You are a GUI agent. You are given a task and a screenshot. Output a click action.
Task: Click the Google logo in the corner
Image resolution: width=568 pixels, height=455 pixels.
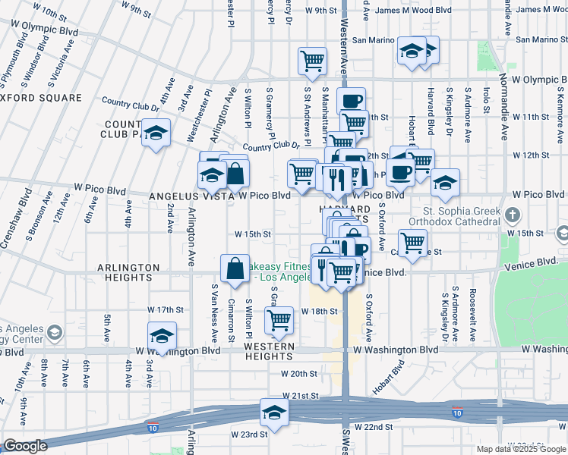25,446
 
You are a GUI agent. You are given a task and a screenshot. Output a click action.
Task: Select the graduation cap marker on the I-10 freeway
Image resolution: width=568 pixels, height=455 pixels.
273,413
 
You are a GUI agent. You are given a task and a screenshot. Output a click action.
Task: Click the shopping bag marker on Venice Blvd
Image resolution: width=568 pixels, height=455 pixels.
235,268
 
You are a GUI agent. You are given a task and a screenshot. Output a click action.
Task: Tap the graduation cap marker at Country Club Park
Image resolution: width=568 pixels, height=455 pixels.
156,133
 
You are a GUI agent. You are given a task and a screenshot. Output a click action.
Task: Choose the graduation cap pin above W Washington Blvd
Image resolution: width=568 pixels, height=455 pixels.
162,335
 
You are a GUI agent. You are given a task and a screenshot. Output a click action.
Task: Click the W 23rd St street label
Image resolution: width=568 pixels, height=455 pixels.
250,435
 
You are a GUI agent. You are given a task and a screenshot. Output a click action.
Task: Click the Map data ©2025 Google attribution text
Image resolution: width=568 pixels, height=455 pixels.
520,449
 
